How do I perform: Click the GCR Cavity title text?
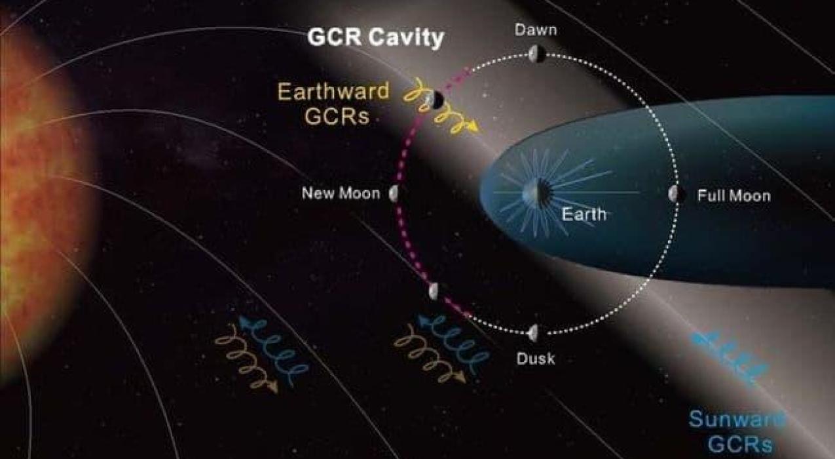point(376,37)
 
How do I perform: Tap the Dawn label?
point(536,30)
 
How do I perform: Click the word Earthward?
point(333,91)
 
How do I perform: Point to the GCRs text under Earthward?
point(337,116)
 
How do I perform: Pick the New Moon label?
point(341,193)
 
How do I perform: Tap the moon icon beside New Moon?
point(394,193)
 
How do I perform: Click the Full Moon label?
point(733,195)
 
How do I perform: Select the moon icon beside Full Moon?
point(677,193)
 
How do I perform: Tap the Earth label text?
point(584,214)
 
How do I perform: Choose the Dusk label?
point(536,359)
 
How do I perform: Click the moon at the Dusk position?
point(533,333)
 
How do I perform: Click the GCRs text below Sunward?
point(740,444)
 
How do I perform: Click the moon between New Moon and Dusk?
point(434,290)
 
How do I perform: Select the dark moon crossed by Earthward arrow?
point(436,99)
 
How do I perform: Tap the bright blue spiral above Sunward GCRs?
point(729,358)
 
